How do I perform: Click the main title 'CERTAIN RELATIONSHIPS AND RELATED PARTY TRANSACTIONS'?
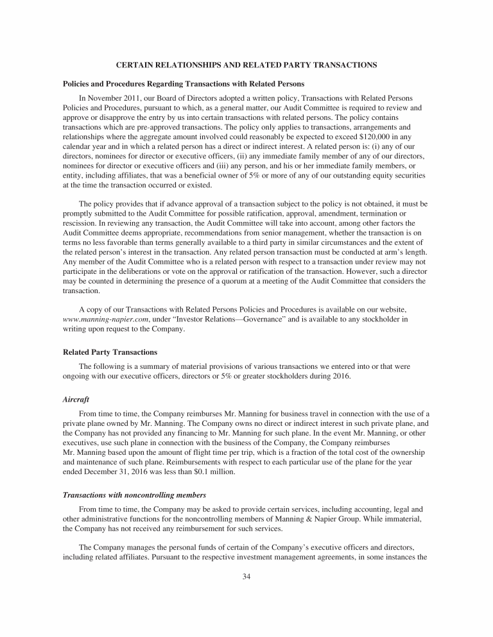click(x=246, y=65)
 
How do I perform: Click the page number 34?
click(x=246, y=577)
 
